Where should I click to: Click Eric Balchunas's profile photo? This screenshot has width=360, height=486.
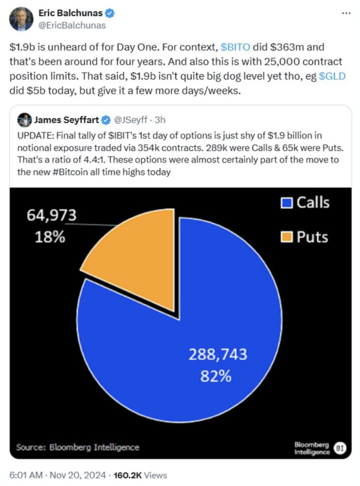(21, 19)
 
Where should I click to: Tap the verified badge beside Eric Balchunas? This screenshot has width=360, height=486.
(110, 13)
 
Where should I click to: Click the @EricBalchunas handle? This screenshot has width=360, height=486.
(72, 25)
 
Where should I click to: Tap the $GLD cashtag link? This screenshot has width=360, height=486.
(332, 76)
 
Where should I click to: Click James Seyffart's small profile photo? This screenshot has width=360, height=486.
(24, 120)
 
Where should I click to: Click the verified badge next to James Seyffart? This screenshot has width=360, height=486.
(106, 120)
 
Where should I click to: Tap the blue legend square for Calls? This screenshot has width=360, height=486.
(286, 202)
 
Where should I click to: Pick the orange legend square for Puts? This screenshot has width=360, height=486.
(286, 237)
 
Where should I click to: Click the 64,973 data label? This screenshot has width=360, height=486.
(51, 216)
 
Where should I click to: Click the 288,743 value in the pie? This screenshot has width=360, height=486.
(217, 354)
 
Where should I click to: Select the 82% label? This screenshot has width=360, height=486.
(216, 377)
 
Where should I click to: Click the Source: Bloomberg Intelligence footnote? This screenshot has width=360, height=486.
(77, 447)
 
